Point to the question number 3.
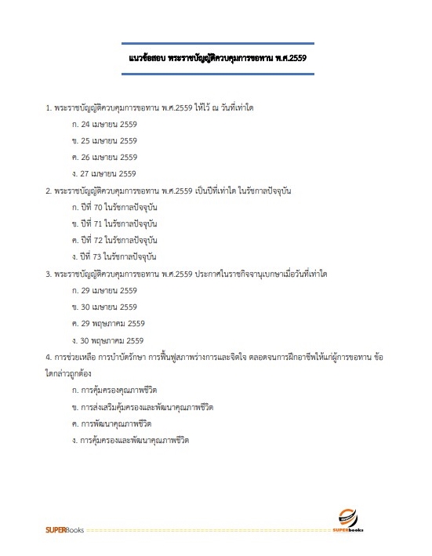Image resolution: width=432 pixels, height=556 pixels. point(49,274)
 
